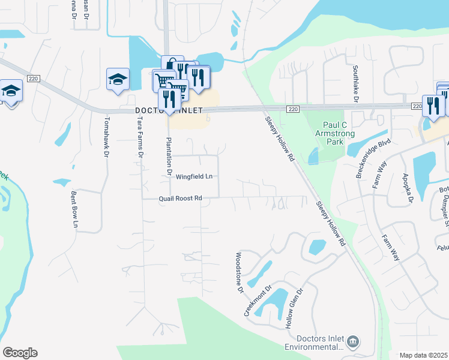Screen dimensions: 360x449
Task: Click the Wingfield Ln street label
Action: [x=194, y=176]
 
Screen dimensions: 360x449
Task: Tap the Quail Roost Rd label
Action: [x=180, y=199]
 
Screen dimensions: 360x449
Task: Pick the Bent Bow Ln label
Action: [x=75, y=210]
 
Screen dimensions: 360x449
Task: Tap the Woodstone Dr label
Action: [x=239, y=273]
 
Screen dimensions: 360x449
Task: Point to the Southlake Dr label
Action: [x=355, y=84]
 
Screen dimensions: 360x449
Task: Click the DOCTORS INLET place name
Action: [x=169, y=110]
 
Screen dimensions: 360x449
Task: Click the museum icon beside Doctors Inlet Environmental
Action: [x=353, y=342]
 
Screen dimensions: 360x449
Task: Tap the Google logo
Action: [x=20, y=353]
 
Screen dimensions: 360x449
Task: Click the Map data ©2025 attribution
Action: [x=423, y=355]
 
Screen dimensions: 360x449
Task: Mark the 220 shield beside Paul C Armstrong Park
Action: [x=292, y=109]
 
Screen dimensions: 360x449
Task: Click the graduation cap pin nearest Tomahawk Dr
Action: [x=118, y=79]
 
